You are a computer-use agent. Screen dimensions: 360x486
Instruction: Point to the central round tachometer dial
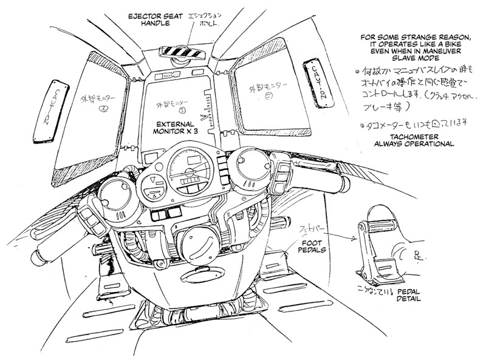click(188, 168)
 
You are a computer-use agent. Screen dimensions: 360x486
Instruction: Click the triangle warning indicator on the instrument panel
click(153, 181)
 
